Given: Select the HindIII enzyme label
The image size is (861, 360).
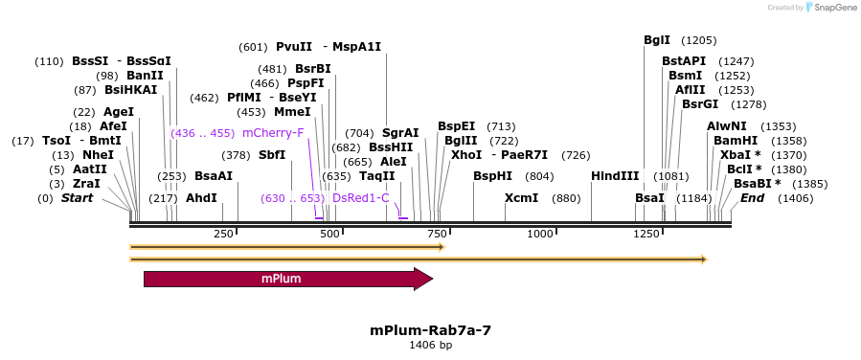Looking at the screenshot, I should pos(615,176).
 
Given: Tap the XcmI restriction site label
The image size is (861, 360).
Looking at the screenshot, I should pos(521,198).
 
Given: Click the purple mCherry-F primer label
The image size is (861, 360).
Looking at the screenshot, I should pos(273,132).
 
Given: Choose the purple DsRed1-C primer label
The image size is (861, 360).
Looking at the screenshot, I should pos(361,198).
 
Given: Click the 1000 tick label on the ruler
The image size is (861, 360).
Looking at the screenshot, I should pos(541,234).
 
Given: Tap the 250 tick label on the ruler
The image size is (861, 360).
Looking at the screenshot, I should pos(223,234).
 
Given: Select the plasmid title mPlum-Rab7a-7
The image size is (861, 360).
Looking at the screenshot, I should pos(430,329).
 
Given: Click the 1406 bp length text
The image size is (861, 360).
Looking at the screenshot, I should pos(430,345).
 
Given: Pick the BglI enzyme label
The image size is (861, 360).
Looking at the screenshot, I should pos(657,40).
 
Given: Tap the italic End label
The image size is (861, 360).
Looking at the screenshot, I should pos(752,198).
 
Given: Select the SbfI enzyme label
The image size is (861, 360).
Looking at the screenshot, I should pos(272,154).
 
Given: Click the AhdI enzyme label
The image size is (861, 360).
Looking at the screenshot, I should pos(201,198).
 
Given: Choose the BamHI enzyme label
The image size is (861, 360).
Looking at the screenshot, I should pos(735,140).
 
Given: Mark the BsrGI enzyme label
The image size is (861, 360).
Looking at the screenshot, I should pos(699,104).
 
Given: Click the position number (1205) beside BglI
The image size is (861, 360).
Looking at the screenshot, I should pos(698,40).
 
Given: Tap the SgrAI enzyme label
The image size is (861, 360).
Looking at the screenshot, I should pos(400,133).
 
